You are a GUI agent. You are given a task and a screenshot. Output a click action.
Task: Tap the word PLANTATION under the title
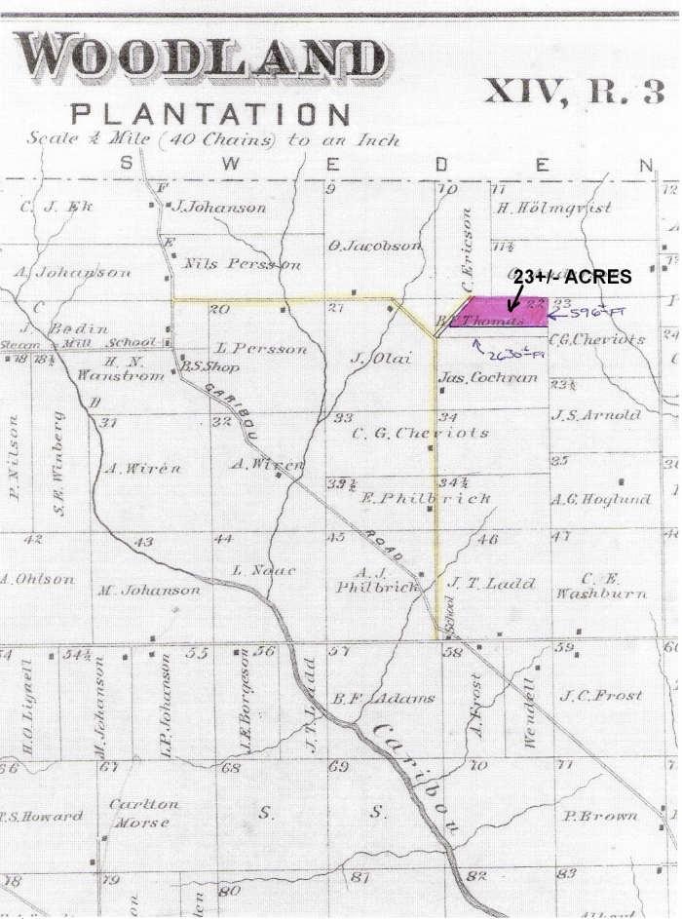tap(211, 114)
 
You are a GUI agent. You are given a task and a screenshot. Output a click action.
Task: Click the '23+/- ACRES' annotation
tap(573, 277)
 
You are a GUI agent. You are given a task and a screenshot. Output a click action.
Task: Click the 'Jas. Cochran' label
tap(488, 377)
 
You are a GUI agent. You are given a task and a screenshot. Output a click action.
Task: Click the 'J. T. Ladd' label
tap(492, 583)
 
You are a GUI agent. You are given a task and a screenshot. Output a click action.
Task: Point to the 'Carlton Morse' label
tap(142, 813)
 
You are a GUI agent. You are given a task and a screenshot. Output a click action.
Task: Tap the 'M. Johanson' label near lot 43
tap(148, 590)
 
